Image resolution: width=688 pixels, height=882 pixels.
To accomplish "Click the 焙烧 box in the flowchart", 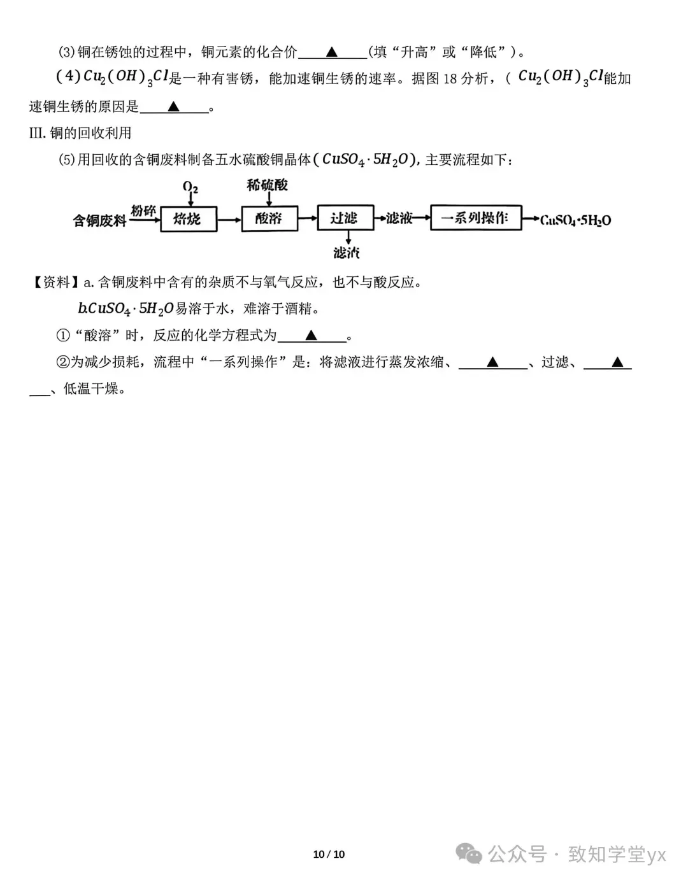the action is pyautogui.click(x=188, y=219).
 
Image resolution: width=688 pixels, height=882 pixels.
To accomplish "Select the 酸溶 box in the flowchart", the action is pyautogui.click(x=269, y=219).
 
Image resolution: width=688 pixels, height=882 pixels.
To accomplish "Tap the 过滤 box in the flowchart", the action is pyautogui.click(x=345, y=218).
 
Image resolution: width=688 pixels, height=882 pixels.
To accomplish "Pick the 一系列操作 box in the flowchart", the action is pyautogui.click(x=476, y=218).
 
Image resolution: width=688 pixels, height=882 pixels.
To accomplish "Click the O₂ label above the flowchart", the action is pyautogui.click(x=190, y=187).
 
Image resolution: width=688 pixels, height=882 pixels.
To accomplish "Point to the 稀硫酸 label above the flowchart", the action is pyautogui.click(x=268, y=185).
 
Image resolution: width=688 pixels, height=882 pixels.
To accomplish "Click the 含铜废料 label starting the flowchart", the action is pyautogui.click(x=99, y=221).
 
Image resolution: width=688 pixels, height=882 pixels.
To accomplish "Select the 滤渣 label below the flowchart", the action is pyautogui.click(x=347, y=253).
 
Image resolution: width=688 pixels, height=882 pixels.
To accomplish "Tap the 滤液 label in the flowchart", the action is pyautogui.click(x=399, y=218).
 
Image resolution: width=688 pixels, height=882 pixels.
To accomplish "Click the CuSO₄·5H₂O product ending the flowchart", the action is pyautogui.click(x=575, y=220).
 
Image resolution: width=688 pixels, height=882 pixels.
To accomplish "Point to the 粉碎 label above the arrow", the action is pyautogui.click(x=143, y=211).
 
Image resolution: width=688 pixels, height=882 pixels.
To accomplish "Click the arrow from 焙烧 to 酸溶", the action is pyautogui.click(x=229, y=219).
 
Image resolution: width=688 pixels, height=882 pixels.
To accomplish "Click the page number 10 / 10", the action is pyautogui.click(x=329, y=854).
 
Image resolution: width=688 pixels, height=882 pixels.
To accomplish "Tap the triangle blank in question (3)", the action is pyautogui.click(x=332, y=52).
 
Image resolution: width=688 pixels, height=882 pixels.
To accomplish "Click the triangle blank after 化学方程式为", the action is pyautogui.click(x=311, y=335).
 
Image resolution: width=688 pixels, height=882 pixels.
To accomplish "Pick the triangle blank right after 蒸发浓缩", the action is pyautogui.click(x=492, y=362).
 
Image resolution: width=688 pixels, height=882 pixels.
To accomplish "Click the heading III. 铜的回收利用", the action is pyautogui.click(x=80, y=133).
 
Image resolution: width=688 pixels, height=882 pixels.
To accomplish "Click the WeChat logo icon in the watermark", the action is pyautogui.click(x=469, y=853).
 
